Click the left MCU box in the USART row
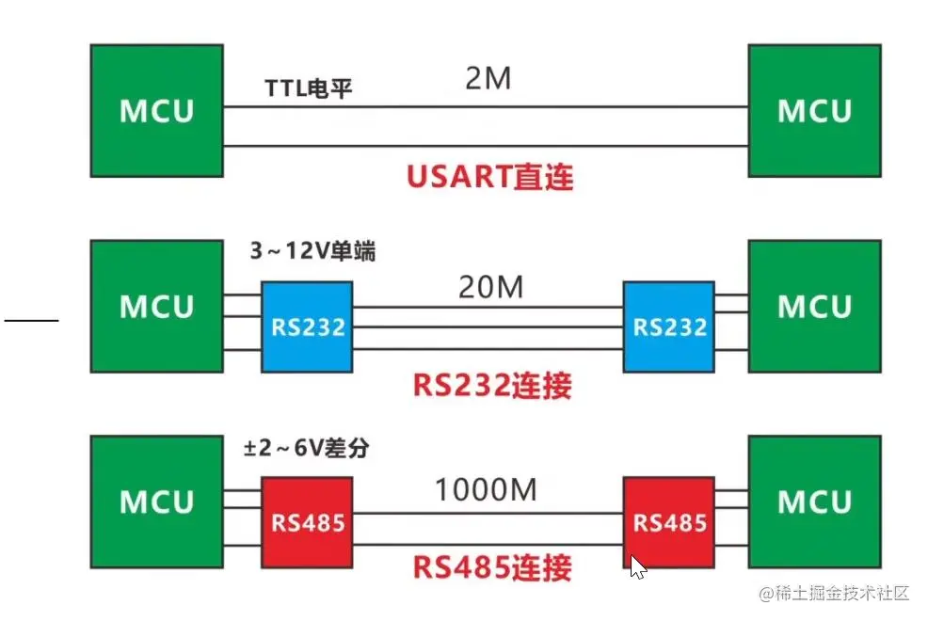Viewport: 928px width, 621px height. (x=156, y=110)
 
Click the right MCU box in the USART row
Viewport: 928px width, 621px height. (x=814, y=110)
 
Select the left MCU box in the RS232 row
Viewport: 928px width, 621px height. (x=156, y=307)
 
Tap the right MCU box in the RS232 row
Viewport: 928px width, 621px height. (x=814, y=307)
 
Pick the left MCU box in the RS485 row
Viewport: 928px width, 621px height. (x=156, y=502)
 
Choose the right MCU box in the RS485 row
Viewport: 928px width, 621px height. (x=814, y=502)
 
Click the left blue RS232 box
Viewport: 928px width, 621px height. (x=308, y=326)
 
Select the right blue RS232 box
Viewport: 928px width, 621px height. (x=669, y=326)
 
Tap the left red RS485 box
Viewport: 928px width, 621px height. (x=308, y=521)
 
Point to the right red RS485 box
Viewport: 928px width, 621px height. (x=669, y=521)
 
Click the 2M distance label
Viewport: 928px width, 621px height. (x=488, y=79)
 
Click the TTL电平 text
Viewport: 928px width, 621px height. (x=309, y=91)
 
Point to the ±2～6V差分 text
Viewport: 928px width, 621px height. (x=306, y=450)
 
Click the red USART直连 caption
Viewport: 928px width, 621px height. (x=489, y=177)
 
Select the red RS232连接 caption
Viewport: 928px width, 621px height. (x=492, y=385)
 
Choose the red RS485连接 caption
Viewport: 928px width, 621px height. (x=492, y=567)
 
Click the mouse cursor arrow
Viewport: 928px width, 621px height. (x=637, y=566)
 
